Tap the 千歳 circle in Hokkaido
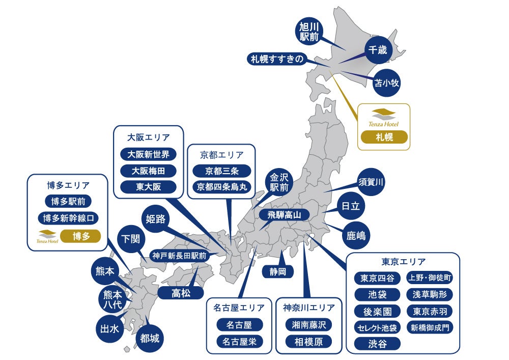tap(378, 51)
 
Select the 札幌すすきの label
tap(277, 59)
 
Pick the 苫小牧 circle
tap(386, 83)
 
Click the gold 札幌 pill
tap(384, 137)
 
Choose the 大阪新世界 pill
tap(148, 154)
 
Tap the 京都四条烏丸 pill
tap(222, 187)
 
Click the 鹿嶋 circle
tap(356, 235)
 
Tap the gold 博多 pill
tap(80, 236)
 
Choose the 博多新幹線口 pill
tap(68, 218)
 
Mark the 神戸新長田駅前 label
tap(179, 256)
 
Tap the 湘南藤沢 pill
tap(309, 324)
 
